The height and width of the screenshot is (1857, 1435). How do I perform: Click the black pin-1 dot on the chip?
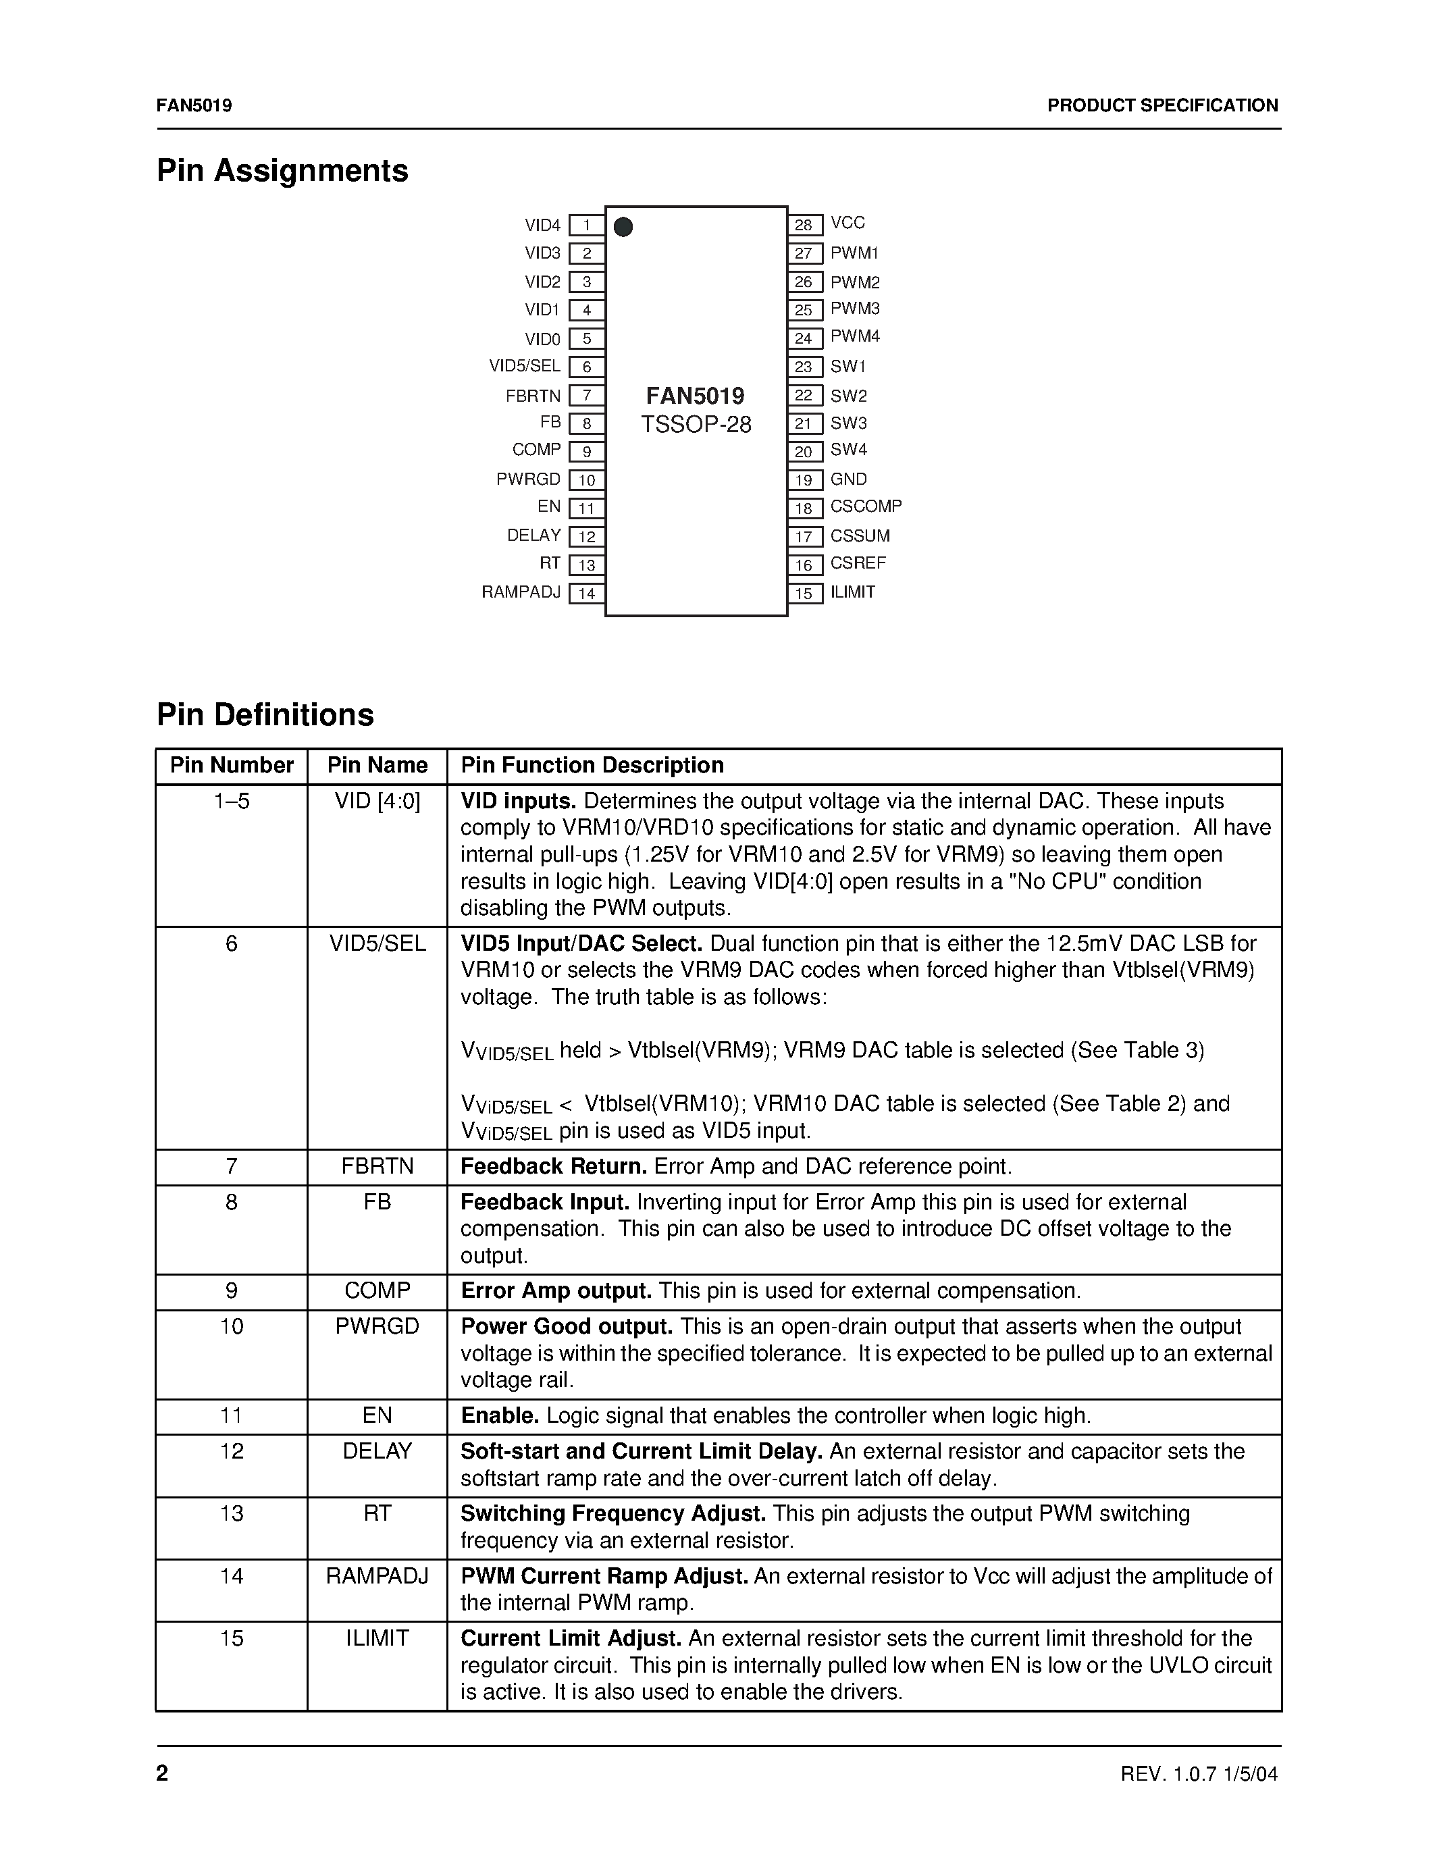(623, 227)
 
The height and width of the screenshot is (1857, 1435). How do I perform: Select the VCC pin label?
(847, 223)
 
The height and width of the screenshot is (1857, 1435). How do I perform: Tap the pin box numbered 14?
(587, 594)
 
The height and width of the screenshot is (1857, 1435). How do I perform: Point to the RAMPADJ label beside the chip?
(521, 592)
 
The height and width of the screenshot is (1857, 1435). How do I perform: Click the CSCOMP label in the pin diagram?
(866, 506)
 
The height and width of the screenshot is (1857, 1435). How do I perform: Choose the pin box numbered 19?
(804, 480)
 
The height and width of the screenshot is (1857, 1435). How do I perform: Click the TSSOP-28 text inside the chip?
(696, 424)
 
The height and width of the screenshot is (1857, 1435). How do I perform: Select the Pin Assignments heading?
(282, 171)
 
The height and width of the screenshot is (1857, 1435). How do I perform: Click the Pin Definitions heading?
(265, 715)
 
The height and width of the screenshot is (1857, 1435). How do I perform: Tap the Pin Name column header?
(377, 765)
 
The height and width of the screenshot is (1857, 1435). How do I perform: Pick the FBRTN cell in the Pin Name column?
(377, 1167)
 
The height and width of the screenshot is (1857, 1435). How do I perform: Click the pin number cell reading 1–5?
(231, 802)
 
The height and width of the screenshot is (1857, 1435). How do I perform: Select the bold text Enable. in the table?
(500, 1415)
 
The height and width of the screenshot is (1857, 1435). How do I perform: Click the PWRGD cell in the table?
(377, 1326)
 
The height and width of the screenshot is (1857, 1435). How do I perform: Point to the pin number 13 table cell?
(231, 1513)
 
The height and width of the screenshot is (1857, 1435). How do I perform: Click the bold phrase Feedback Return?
(554, 1167)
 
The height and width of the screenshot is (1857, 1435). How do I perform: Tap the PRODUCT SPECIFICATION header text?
(1162, 105)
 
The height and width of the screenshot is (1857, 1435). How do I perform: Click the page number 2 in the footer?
(162, 1773)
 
